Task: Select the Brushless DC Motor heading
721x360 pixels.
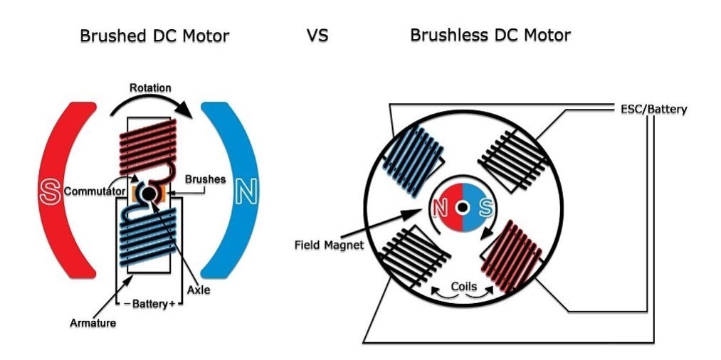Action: (490, 34)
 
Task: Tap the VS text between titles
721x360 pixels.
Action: (317, 35)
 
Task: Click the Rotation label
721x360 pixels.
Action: (150, 88)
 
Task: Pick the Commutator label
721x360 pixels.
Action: (95, 191)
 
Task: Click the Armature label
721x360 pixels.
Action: (93, 323)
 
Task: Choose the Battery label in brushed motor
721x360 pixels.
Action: (148, 303)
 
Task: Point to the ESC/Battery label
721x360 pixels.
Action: (649, 110)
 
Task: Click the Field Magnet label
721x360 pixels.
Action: (330, 245)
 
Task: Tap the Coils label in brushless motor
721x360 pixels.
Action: (463, 286)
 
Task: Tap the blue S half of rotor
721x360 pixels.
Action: (478, 208)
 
